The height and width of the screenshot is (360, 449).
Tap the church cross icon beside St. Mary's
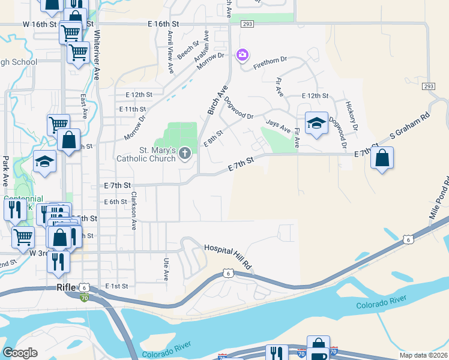(185, 154)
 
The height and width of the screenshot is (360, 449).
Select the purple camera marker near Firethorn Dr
(242, 55)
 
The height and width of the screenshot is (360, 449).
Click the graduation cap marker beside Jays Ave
(316, 124)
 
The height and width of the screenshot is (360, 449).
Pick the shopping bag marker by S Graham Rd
(382, 158)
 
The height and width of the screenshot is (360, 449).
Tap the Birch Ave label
(218, 100)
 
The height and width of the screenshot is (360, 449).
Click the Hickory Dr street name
(351, 116)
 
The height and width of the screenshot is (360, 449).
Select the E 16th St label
(163, 23)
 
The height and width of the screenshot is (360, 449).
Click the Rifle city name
(65, 287)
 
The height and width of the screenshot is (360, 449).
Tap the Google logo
(20, 353)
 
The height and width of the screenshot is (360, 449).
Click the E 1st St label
(116, 287)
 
